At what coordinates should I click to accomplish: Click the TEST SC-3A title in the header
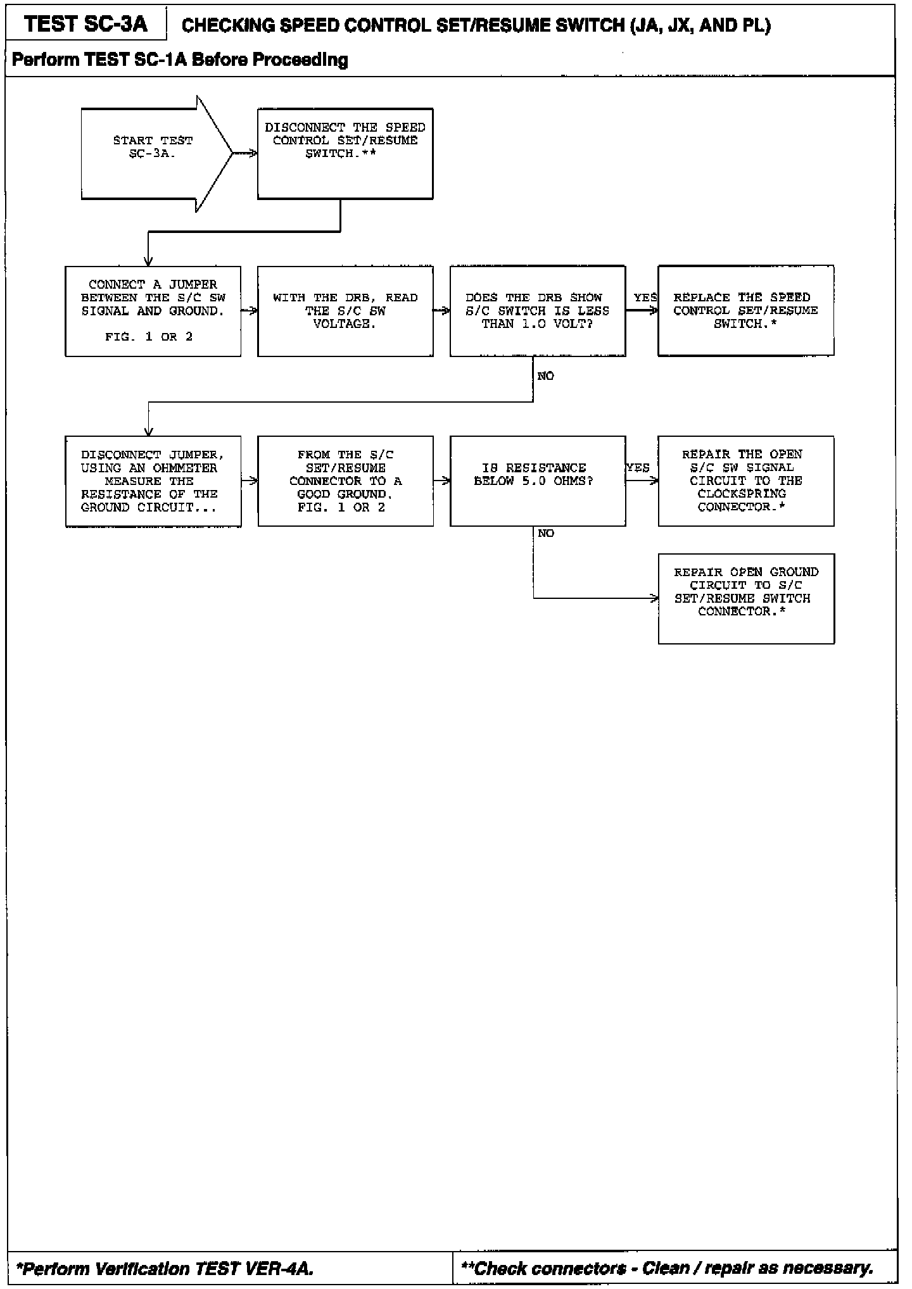coord(85,24)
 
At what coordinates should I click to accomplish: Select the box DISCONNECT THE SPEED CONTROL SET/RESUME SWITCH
coord(345,153)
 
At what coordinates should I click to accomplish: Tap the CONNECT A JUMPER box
coord(153,311)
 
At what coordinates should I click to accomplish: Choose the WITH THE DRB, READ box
coord(345,311)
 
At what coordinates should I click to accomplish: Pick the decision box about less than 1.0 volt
coord(538,311)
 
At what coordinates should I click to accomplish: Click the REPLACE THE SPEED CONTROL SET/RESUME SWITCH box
coord(745,311)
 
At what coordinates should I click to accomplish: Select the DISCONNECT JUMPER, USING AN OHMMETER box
coord(153,481)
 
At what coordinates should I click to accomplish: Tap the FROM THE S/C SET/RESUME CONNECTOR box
coord(345,481)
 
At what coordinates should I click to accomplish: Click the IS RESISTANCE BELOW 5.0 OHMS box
coord(538,481)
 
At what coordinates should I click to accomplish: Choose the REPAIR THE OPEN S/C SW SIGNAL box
coord(745,481)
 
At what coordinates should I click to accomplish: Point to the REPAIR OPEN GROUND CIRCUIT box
coord(746,598)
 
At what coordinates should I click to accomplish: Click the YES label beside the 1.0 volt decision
coord(645,298)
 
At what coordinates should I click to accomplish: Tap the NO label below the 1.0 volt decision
coord(545,377)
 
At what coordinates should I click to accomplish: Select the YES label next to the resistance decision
coord(638,468)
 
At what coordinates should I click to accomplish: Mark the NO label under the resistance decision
coord(545,534)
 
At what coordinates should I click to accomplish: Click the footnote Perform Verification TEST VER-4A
coord(165,1269)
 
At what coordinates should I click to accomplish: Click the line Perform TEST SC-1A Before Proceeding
coord(180,60)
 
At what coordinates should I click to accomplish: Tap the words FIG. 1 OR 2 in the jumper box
coord(149,337)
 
